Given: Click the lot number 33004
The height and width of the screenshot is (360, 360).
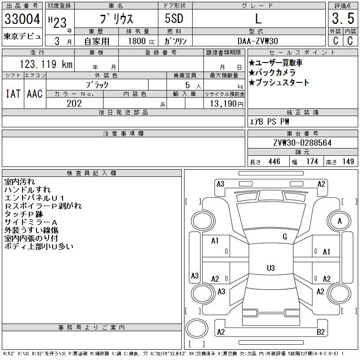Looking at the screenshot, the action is click(22, 19).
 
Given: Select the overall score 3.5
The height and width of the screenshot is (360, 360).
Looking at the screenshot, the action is click(342, 19).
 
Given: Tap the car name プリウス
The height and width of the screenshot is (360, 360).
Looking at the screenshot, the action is click(115, 19).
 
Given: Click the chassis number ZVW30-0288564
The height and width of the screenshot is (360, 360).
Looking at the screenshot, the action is click(302, 143).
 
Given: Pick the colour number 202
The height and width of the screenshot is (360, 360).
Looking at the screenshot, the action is click(74, 103).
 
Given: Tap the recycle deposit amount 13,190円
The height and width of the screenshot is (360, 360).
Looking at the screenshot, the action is click(225, 103).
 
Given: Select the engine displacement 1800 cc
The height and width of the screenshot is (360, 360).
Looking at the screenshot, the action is click(137, 41).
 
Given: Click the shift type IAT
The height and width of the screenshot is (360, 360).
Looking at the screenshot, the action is click(13, 94).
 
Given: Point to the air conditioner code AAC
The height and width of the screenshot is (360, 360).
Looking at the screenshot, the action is click(35, 94).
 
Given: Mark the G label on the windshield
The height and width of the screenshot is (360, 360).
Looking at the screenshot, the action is click(284, 237).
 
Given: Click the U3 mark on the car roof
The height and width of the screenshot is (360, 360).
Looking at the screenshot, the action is click(270, 268).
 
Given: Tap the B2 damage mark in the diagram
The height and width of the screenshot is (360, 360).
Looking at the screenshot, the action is click(321, 332).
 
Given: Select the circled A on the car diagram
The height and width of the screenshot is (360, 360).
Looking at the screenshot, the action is click(340, 220).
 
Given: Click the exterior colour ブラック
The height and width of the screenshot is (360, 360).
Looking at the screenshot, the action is click(97, 84).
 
